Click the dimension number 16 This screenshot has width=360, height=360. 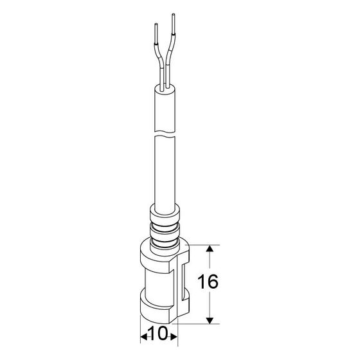pos(208,282)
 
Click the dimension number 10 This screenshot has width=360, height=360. pos(158,334)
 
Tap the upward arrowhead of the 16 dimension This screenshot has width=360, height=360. pos(210,248)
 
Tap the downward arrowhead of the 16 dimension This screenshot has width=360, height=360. pos(210,321)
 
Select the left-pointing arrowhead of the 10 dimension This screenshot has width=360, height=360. pos(144,337)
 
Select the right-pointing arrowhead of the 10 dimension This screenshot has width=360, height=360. pos(174,337)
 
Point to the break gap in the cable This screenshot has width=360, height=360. pos(165,134)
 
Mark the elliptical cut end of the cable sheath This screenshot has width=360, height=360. pos(165,89)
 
